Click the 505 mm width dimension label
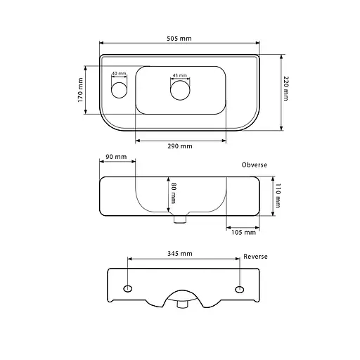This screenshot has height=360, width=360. click(x=179, y=39)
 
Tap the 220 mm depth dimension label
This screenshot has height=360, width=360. click(x=285, y=89)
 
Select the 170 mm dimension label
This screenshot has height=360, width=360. click(x=80, y=90)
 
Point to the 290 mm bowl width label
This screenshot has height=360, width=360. click(x=180, y=146)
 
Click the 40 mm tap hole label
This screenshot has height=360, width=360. click(x=119, y=73)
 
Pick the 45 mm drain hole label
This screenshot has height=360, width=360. click(x=180, y=75)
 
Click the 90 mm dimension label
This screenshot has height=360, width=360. click(x=116, y=157)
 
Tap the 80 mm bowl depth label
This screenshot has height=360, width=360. click(x=174, y=193)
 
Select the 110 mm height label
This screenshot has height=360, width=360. click(x=278, y=195)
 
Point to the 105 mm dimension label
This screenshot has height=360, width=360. click(x=243, y=232)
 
